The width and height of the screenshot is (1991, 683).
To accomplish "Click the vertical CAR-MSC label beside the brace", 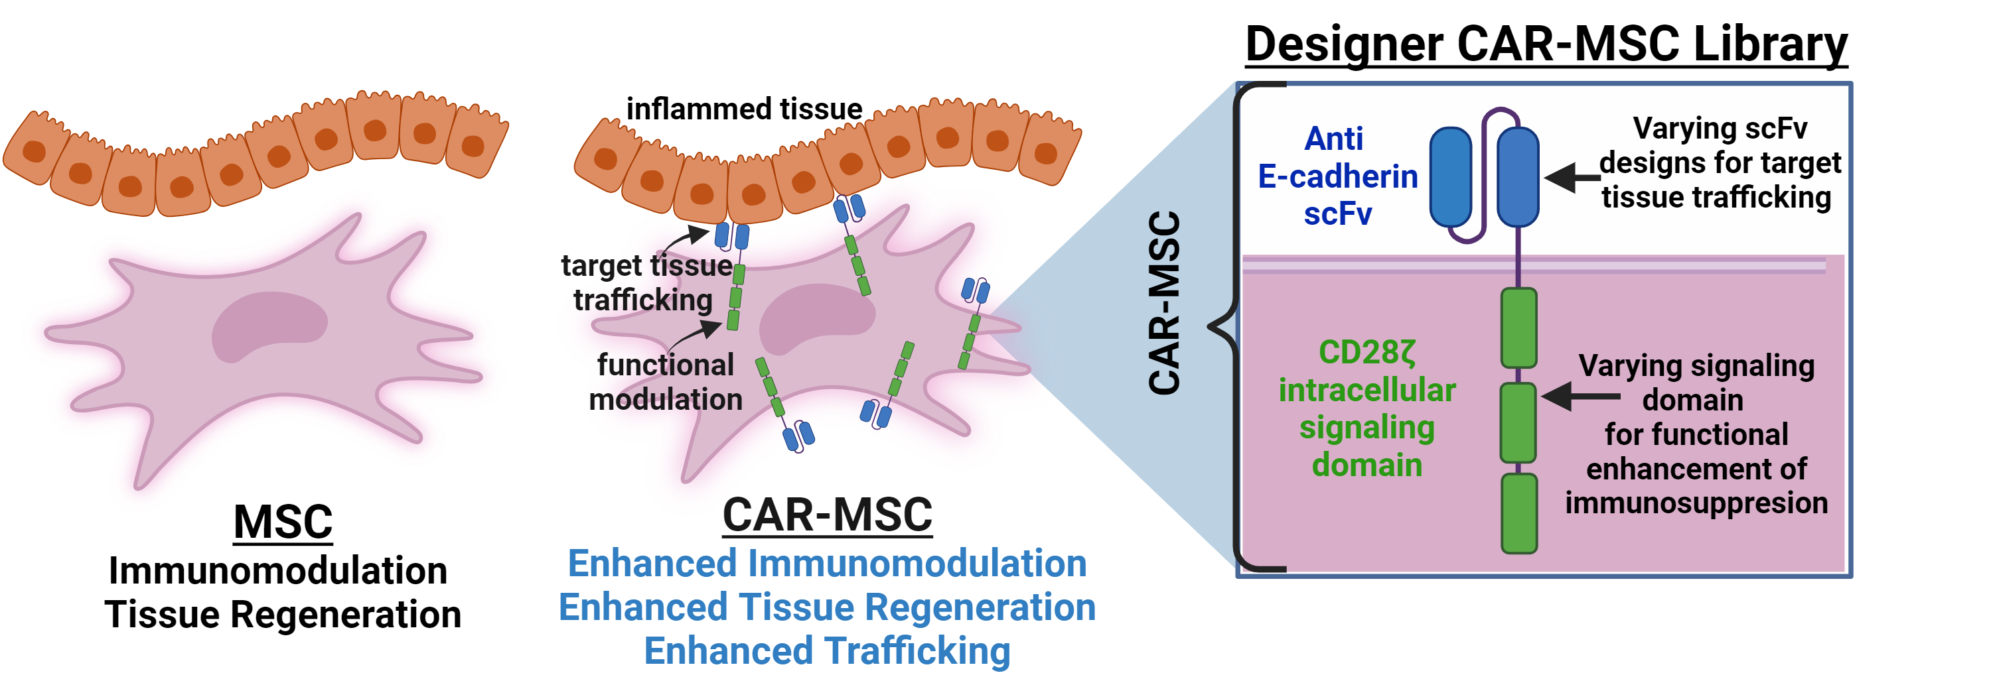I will point(1164,303).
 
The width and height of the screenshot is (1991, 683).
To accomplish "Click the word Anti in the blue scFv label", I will point(1333,139).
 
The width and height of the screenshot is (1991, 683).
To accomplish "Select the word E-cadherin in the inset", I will point(1337,177).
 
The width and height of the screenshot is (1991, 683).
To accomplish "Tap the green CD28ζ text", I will point(1366,352).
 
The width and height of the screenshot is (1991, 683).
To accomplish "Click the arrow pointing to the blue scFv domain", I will point(1572,178).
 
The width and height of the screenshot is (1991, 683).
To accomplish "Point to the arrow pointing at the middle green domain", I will point(1579,397).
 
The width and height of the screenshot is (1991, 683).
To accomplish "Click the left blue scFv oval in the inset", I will point(1451,177).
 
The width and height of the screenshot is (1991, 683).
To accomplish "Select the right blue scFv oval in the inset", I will point(1518,177).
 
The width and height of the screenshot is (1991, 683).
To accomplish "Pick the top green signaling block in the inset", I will point(1518,328).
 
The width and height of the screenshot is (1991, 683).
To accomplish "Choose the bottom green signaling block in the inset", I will point(1518,514).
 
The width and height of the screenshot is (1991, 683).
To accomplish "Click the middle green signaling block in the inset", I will point(1518,422).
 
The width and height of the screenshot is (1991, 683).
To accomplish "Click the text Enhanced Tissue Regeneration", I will point(827,607).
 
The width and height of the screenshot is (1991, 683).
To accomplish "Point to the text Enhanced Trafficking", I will point(827,651).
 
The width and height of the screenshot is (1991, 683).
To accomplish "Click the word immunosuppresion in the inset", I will point(1696,503).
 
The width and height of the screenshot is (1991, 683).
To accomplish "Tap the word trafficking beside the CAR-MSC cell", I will point(643,300).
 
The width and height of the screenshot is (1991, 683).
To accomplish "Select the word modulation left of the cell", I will point(666,399).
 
